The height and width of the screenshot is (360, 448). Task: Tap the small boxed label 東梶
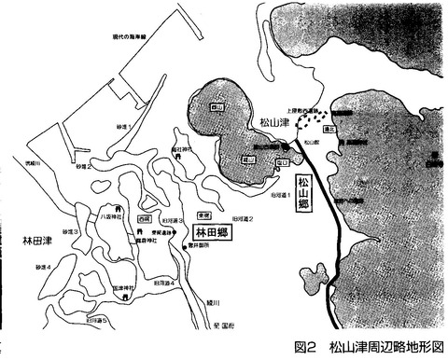point(202,214)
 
